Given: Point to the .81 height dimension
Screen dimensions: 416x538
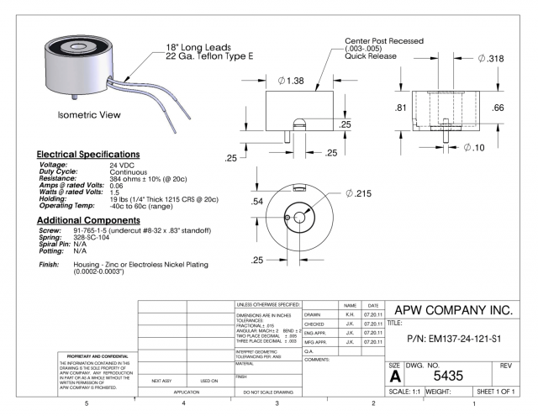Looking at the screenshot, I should (402, 108).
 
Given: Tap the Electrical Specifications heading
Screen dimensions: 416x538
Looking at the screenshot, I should (88, 155).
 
